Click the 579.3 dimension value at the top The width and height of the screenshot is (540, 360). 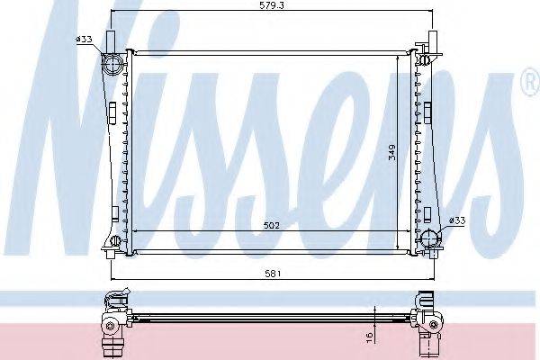pos(263,6)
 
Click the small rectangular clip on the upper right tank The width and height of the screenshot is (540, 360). pos(429,112)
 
